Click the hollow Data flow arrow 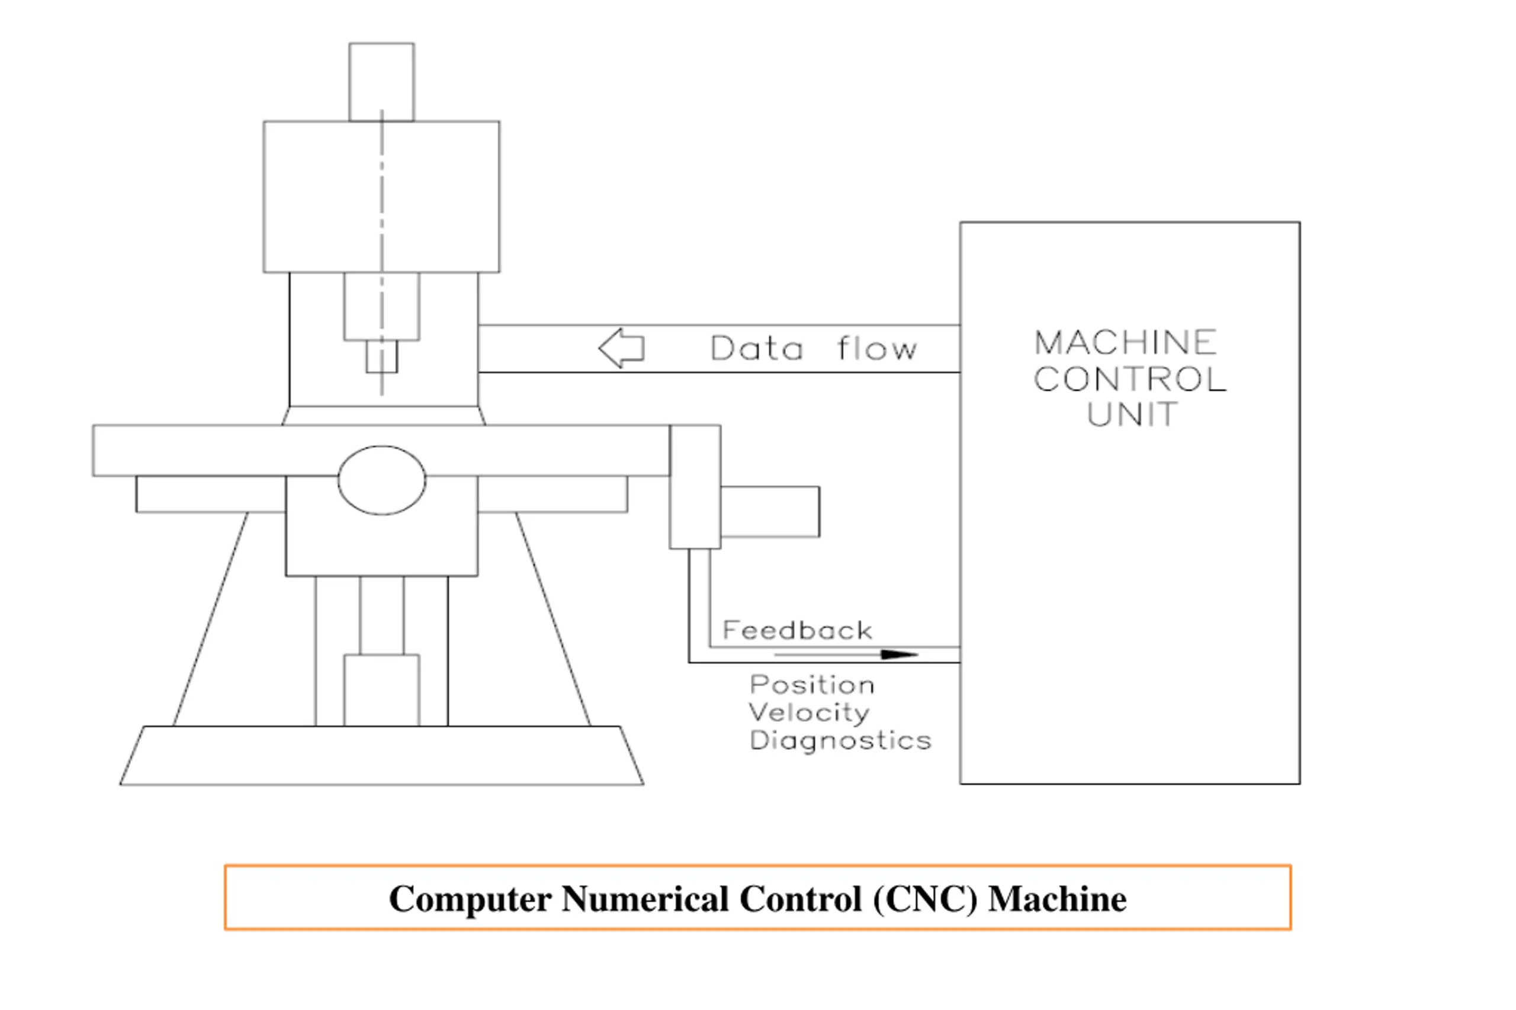click(621, 348)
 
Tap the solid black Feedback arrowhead click(900, 654)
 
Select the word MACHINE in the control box click(1125, 342)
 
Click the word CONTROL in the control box click(1130, 379)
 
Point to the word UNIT click(1132, 414)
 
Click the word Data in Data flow click(757, 348)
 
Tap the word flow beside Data click(876, 348)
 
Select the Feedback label click(797, 630)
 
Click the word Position click(812, 685)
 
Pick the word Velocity click(809, 712)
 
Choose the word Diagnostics click(840, 741)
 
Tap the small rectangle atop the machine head click(381, 82)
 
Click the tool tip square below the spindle click(381, 356)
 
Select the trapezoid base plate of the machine click(381, 755)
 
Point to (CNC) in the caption click(925, 899)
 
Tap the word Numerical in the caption click(645, 899)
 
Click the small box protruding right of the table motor click(770, 511)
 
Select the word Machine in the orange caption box click(1058, 899)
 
